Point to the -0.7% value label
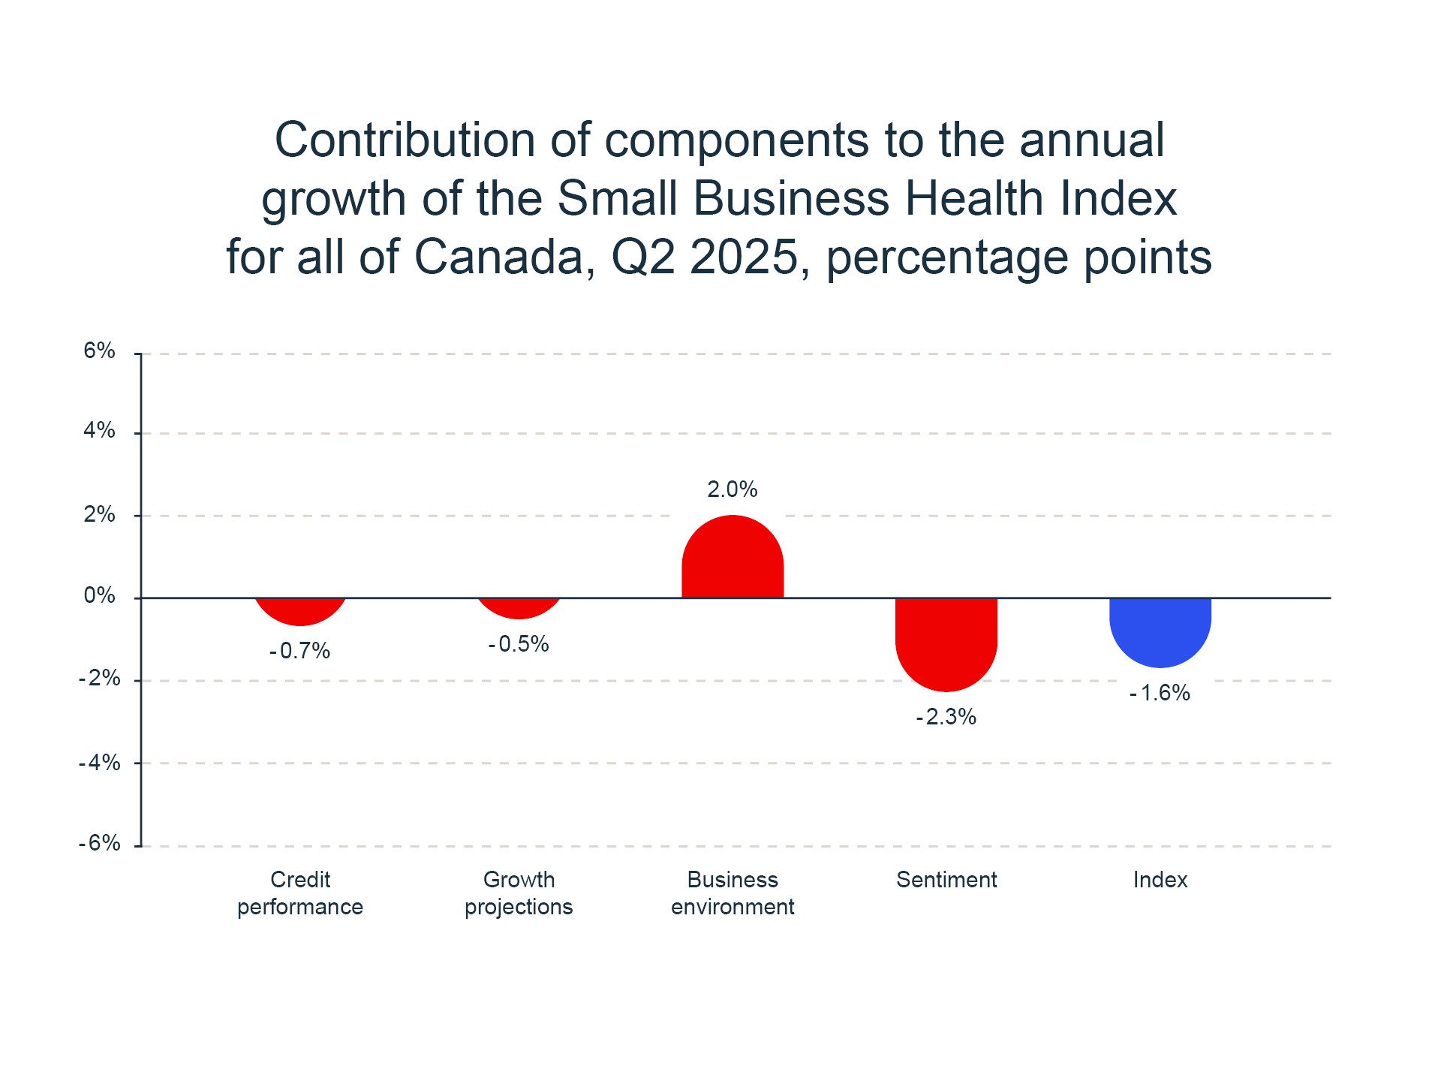[x=299, y=651]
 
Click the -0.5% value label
[x=519, y=644]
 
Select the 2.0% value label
[x=733, y=489]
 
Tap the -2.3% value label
[x=946, y=718]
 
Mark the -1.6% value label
[x=1160, y=693]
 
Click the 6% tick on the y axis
[x=99, y=351]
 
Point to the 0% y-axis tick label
[x=99, y=596]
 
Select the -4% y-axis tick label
[x=99, y=763]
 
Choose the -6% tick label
[x=99, y=843]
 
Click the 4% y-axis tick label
[x=99, y=430]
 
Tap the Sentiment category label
[x=946, y=880]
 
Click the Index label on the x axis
[x=1160, y=880]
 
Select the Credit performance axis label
[x=300, y=893]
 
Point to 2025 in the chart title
[x=744, y=257]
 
